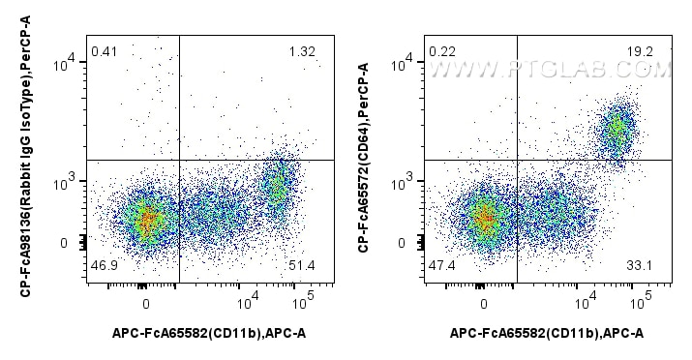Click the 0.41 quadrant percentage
[x=104, y=51]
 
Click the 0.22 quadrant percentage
[x=441, y=51]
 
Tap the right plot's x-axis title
[x=548, y=334]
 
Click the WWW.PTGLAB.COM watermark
[x=549, y=70]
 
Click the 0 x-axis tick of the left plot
[x=145, y=302]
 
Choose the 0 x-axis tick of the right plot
[x=483, y=302]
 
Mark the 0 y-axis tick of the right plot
[x=406, y=243]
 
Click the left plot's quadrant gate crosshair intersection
[x=179, y=159]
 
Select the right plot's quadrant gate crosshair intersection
[x=517, y=160]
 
